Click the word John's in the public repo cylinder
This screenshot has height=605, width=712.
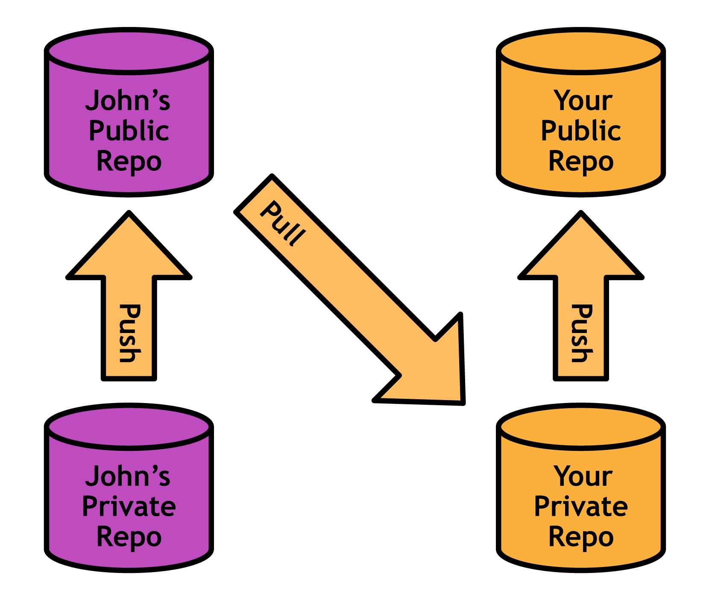pyautogui.click(x=128, y=101)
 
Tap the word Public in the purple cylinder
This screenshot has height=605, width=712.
pyautogui.click(x=129, y=131)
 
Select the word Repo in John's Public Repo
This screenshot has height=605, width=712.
pyautogui.click(x=129, y=162)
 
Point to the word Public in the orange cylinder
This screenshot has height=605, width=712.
pyautogui.click(x=580, y=131)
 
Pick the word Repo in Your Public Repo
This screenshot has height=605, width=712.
pyautogui.click(x=580, y=162)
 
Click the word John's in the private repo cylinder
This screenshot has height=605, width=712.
pyautogui.click(x=128, y=476)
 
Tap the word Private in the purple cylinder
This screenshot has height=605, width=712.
pyautogui.click(x=129, y=506)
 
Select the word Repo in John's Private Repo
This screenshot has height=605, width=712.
pyautogui.click(x=129, y=537)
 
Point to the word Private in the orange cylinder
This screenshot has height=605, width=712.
pyautogui.click(x=580, y=506)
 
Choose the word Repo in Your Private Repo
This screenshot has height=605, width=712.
pyautogui.click(x=580, y=537)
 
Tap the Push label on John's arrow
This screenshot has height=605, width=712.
pyautogui.click(x=129, y=333)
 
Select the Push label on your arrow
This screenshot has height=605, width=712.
pyautogui.click(x=581, y=333)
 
